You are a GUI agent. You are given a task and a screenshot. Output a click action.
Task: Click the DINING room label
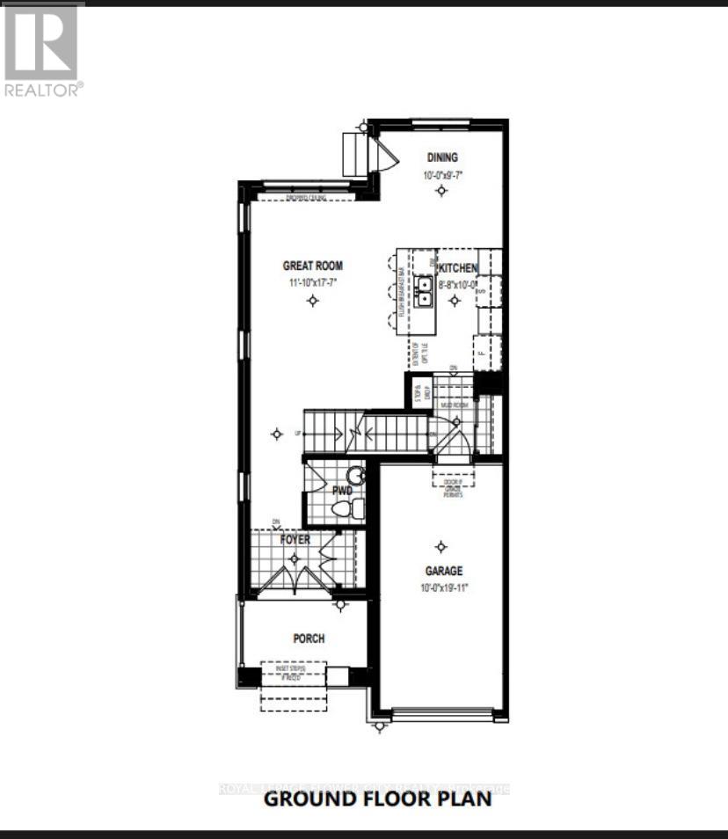click(x=442, y=157)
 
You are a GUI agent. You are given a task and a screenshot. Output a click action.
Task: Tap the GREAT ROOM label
click(x=312, y=266)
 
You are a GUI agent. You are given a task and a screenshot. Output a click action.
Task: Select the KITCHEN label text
click(x=458, y=268)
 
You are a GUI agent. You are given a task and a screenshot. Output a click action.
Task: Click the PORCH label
click(x=309, y=638)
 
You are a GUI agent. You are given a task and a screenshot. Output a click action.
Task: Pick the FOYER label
click(x=295, y=539)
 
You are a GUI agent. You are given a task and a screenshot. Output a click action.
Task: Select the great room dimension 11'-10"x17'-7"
click(x=312, y=282)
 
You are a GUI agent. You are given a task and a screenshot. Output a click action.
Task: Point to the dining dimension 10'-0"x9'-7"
click(x=442, y=175)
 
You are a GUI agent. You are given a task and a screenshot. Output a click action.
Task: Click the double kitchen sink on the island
click(x=425, y=291)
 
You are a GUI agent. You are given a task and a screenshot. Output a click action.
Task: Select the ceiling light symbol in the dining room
click(x=441, y=191)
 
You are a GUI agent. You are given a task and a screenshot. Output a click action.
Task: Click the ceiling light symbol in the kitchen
click(x=454, y=301)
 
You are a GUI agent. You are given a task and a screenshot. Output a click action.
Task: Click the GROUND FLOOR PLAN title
click(x=377, y=799)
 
